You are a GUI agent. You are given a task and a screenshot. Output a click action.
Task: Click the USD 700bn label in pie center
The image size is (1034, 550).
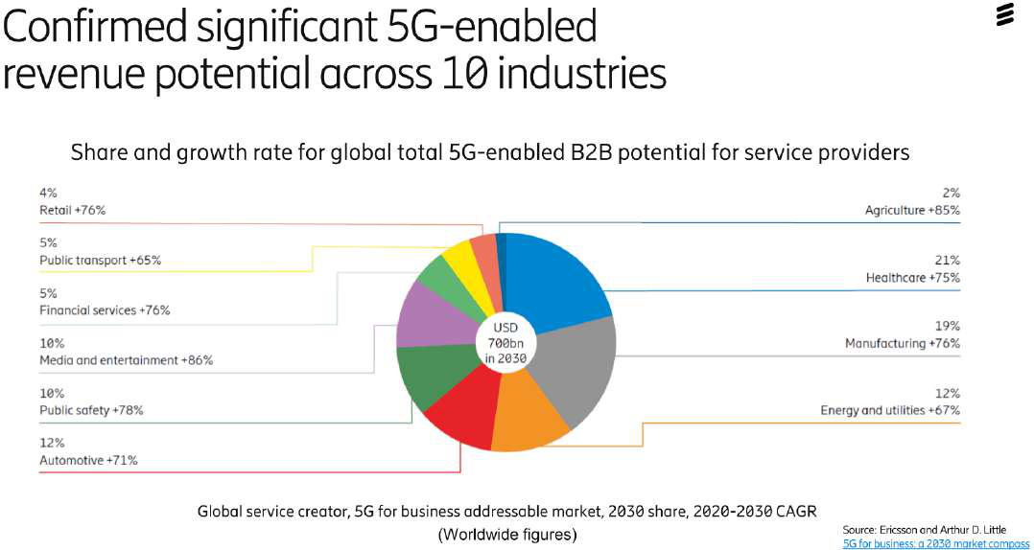click(x=505, y=342)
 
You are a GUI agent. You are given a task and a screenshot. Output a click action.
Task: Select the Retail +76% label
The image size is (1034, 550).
click(x=71, y=210)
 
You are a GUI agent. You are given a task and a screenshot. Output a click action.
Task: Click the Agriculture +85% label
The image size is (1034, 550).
click(x=912, y=210)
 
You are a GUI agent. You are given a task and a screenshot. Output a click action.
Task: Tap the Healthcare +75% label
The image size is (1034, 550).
click(x=912, y=278)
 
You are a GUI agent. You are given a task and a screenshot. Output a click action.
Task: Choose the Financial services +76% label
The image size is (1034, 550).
click(x=105, y=310)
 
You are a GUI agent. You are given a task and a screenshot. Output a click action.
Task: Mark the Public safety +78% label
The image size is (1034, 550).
click(x=91, y=410)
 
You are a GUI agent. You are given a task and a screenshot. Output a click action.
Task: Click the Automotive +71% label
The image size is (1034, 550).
click(x=88, y=460)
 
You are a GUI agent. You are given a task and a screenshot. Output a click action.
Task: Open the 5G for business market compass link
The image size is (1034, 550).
click(x=935, y=543)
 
